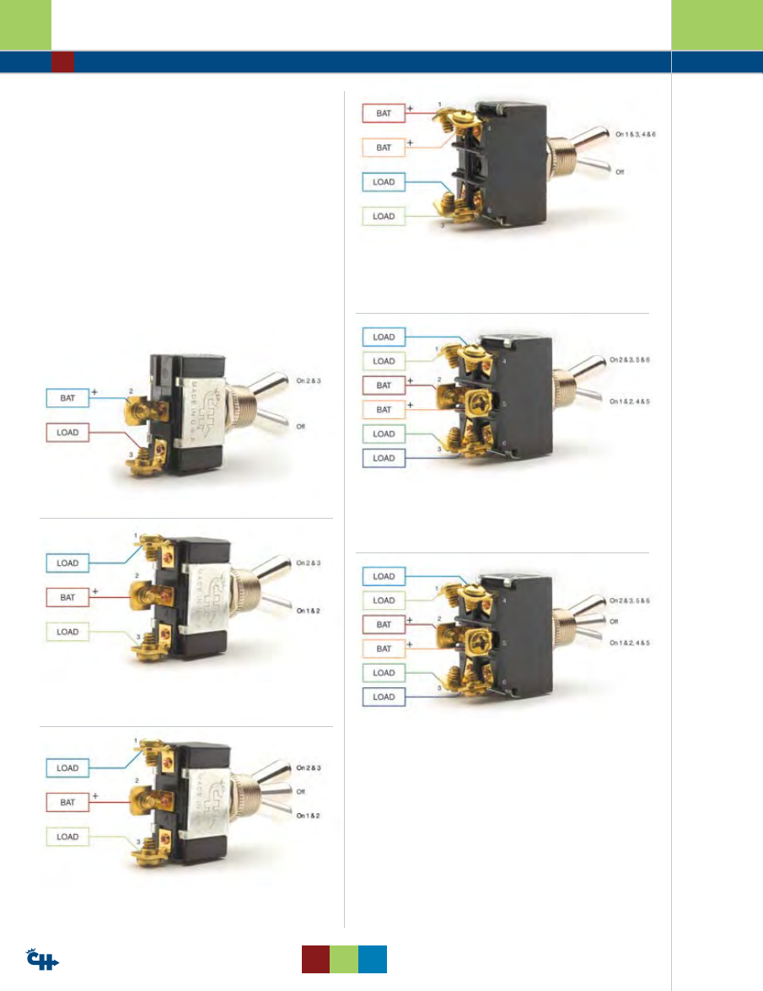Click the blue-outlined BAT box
point(67,396)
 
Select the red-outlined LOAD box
point(67,433)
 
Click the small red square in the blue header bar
point(62,62)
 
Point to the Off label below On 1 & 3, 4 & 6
point(620,171)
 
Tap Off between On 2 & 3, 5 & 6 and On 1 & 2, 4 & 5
point(619,623)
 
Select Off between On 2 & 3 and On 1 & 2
point(300,791)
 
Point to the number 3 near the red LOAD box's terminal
point(131,455)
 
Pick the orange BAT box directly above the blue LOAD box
point(384,147)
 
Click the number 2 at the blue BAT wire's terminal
point(131,390)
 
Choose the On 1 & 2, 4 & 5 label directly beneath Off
point(631,644)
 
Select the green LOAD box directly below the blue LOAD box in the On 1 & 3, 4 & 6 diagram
point(384,216)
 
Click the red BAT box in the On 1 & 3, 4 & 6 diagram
point(384,112)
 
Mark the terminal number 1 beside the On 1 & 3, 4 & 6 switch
point(439,105)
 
